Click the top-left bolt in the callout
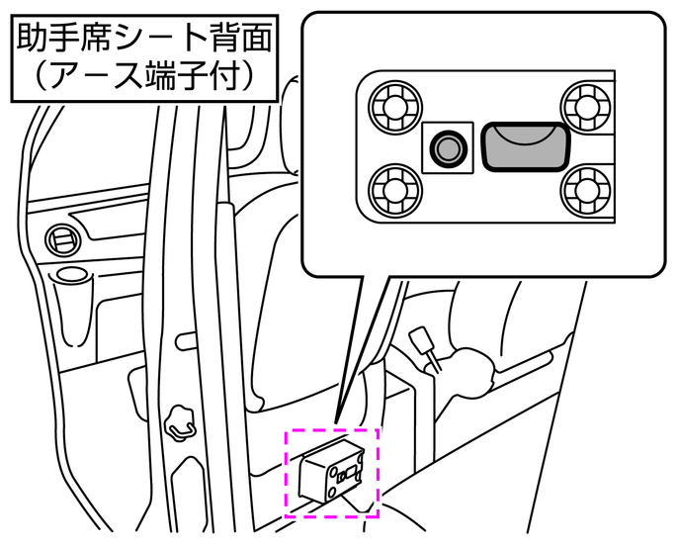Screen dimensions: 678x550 pos(395,107)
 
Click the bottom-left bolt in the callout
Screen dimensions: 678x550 pos(395,190)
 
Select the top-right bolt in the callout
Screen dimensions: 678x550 pos(587,107)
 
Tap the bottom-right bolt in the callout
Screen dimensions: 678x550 pos(587,190)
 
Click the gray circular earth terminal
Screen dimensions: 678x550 pos(448,148)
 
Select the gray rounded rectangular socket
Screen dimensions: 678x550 pos(526,146)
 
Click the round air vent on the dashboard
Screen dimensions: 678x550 pos(63,239)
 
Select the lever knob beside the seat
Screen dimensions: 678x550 pos(423,340)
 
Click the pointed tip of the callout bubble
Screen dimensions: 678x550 pos(335,421)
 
